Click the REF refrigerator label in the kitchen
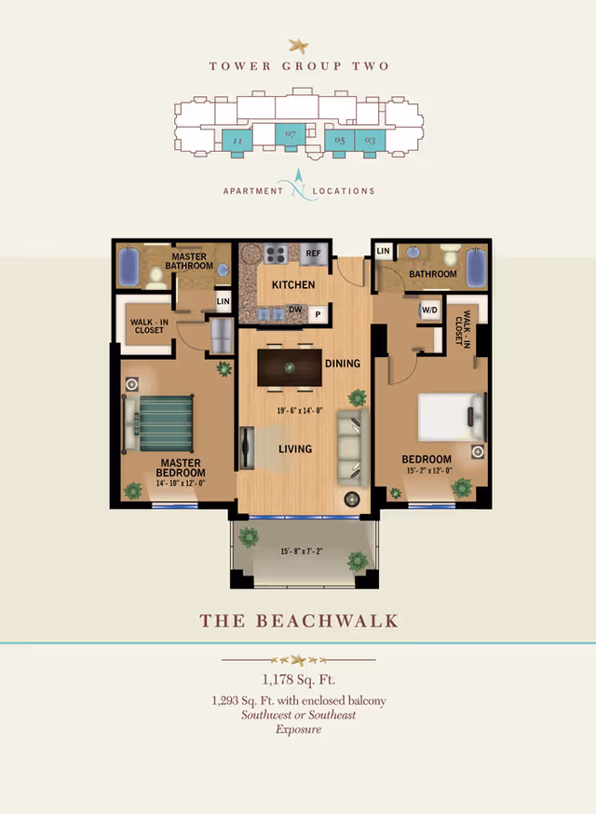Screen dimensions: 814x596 (313, 253)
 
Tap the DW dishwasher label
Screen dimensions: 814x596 (294, 310)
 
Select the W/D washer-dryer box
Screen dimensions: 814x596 (430, 310)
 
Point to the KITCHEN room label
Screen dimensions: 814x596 (293, 284)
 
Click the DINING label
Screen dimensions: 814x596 (342, 363)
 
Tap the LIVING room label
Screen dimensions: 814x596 (294, 448)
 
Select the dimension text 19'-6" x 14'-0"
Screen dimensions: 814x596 (299, 410)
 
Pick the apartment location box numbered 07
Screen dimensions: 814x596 (291, 136)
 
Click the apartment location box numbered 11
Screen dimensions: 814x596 (237, 141)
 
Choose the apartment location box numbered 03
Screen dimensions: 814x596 (370, 141)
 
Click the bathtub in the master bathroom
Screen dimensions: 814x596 (129, 268)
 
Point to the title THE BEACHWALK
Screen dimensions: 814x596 (299, 621)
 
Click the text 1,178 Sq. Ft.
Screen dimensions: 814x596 (298, 679)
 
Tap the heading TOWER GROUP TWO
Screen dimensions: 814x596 (299, 66)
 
